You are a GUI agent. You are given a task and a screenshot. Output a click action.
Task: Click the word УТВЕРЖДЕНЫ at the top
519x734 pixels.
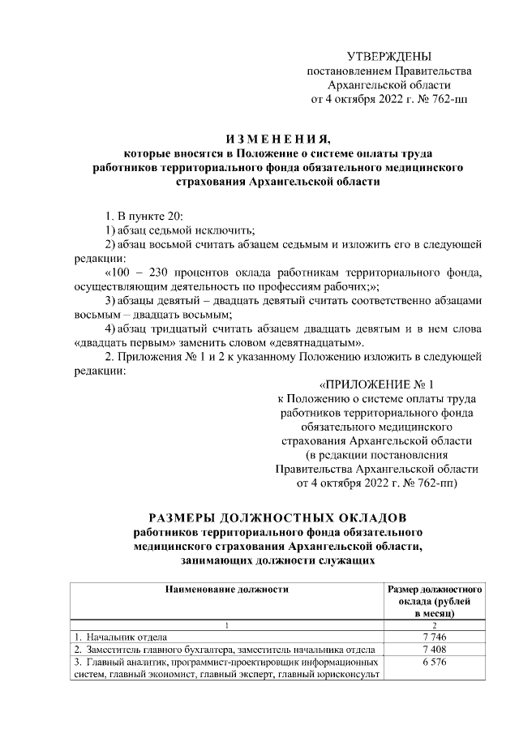(388, 56)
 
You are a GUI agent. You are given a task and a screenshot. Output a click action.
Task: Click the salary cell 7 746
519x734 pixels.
(435, 637)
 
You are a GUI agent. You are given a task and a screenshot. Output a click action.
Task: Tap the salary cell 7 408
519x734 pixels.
(435, 650)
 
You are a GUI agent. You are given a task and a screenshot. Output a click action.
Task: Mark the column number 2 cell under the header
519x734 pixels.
(435, 625)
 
